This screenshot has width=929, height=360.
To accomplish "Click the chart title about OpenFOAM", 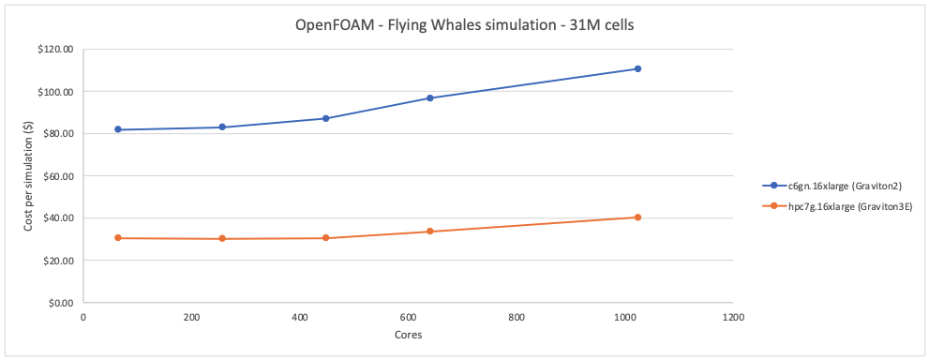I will click(464, 25).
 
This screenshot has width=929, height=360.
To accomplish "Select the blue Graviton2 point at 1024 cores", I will click(637, 68).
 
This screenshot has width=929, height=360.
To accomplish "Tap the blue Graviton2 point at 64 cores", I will click(118, 129).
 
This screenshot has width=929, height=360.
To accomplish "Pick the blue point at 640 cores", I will click(429, 97).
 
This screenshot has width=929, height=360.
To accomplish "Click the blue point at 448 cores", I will click(325, 118).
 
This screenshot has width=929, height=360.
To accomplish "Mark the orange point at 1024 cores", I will click(637, 217).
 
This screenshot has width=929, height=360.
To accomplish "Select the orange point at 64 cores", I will click(118, 238).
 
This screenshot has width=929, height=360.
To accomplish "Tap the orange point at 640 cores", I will click(429, 232).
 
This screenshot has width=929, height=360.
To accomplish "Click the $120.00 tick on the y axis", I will click(56, 50).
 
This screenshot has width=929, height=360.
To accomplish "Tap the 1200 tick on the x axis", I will click(733, 318).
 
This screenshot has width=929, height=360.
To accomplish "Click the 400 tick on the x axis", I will click(300, 318).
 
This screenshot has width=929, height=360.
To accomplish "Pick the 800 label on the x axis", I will click(517, 318).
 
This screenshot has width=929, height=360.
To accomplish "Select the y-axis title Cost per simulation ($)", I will click(27, 176).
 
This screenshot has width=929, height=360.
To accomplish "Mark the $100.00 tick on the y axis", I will click(56, 92).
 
